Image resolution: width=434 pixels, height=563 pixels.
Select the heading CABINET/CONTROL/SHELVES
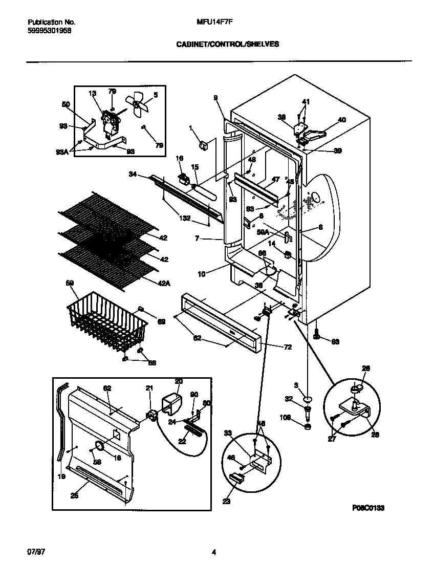pyautogui.click(x=228, y=45)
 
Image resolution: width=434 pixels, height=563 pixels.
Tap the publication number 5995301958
pyautogui.click(x=50, y=30)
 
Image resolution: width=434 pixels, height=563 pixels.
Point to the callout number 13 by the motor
pyautogui.click(x=92, y=93)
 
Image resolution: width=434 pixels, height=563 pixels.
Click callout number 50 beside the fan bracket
pyautogui.click(x=66, y=104)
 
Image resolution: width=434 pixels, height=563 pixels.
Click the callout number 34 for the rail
pyautogui.click(x=133, y=175)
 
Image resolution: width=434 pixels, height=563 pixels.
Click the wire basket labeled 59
pyautogui.click(x=105, y=320)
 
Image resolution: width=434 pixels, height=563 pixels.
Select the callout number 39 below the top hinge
pyautogui.click(x=337, y=150)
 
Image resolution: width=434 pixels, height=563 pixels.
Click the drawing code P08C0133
pyautogui.click(x=367, y=508)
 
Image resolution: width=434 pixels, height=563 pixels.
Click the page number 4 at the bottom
pyautogui.click(x=214, y=552)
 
